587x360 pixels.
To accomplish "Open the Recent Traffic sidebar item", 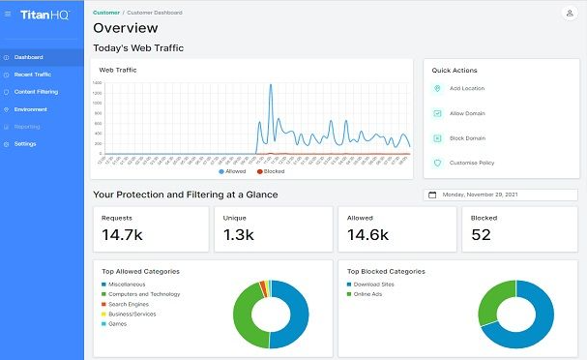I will coord(32,74).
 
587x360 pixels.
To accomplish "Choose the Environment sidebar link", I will coord(30,108).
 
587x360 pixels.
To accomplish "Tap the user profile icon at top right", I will coord(568,14).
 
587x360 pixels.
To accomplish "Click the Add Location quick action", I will coord(468,88).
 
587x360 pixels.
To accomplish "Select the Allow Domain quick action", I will coord(468,113).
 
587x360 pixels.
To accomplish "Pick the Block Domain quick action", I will coord(468,138).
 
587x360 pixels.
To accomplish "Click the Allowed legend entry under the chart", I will coord(234,171).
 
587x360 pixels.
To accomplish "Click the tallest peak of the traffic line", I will coord(270,85).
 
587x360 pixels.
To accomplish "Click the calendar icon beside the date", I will coord(432,195).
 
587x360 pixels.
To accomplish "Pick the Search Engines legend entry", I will coord(128,304).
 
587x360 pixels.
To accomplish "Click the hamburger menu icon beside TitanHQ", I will coord(8,15).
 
